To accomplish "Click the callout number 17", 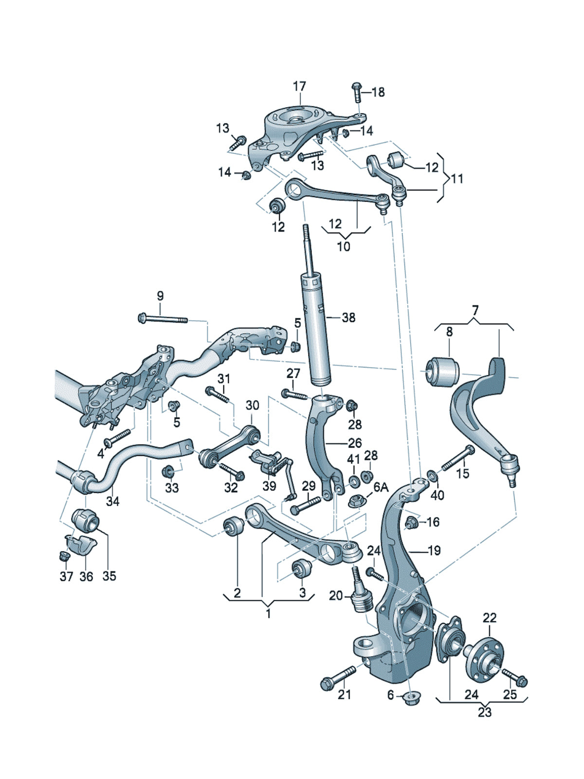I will (x=299, y=87).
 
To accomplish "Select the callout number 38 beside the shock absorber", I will (x=348, y=317).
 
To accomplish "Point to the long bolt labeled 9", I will (x=163, y=319).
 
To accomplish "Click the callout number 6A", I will (x=381, y=487).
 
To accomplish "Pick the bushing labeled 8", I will (x=443, y=371).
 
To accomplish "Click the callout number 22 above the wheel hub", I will (x=490, y=618).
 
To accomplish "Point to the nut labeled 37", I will (x=63, y=556).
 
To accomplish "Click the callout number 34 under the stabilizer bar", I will (x=112, y=501).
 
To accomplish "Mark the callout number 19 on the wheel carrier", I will (x=434, y=550).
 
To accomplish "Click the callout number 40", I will (x=438, y=495).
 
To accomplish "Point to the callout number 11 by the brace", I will (x=456, y=179).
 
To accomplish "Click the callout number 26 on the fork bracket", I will (x=355, y=443).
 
